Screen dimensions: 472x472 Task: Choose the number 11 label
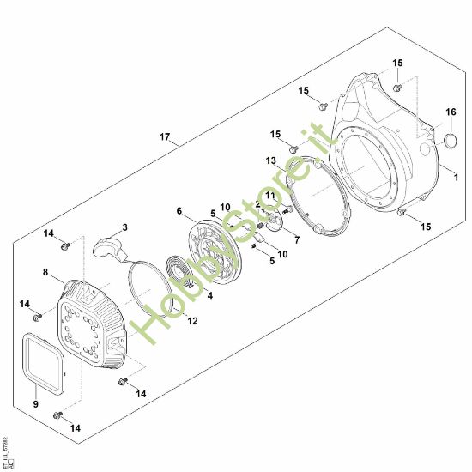[269, 197]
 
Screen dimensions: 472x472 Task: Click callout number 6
[179, 211]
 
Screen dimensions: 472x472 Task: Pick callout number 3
[124, 227]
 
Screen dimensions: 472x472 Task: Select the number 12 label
[192, 321]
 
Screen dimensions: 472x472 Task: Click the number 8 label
[45, 273]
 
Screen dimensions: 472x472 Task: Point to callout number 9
[35, 402]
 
